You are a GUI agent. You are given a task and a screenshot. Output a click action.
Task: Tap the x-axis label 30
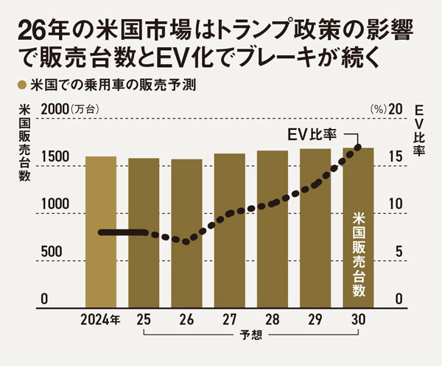click(358, 320)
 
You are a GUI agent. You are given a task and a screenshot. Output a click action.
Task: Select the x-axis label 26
click(186, 320)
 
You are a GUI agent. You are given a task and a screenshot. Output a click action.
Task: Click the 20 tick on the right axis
click(396, 108)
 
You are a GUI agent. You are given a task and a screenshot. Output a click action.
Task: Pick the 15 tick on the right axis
click(396, 156)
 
